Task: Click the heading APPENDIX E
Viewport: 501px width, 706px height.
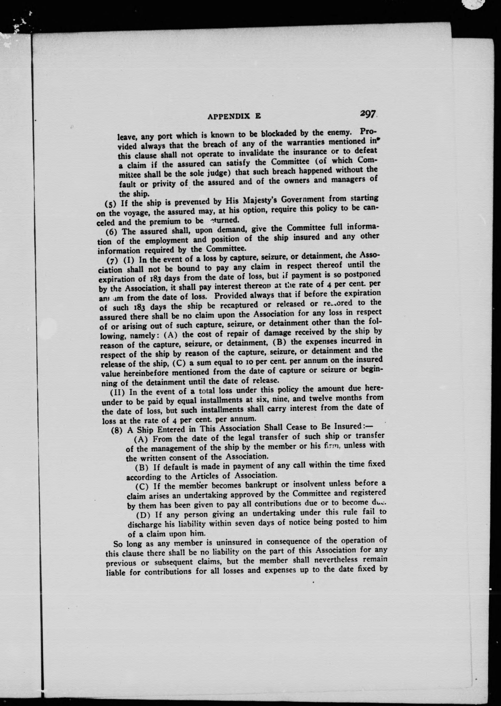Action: point(234,116)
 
